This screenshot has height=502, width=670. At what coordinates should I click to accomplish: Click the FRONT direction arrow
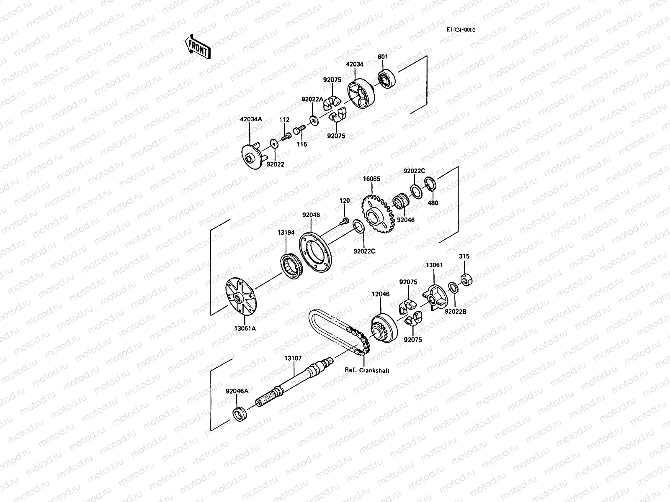tap(197, 47)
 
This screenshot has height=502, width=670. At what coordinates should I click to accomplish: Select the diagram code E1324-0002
tap(461, 30)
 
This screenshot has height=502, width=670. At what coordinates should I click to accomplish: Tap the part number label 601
tap(383, 57)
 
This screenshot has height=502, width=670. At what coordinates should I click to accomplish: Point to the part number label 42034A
tap(250, 119)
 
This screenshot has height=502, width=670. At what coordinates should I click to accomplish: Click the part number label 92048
tap(311, 215)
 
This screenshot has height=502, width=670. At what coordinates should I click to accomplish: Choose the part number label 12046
tap(380, 294)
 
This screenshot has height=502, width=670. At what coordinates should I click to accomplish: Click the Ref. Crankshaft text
tap(367, 371)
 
